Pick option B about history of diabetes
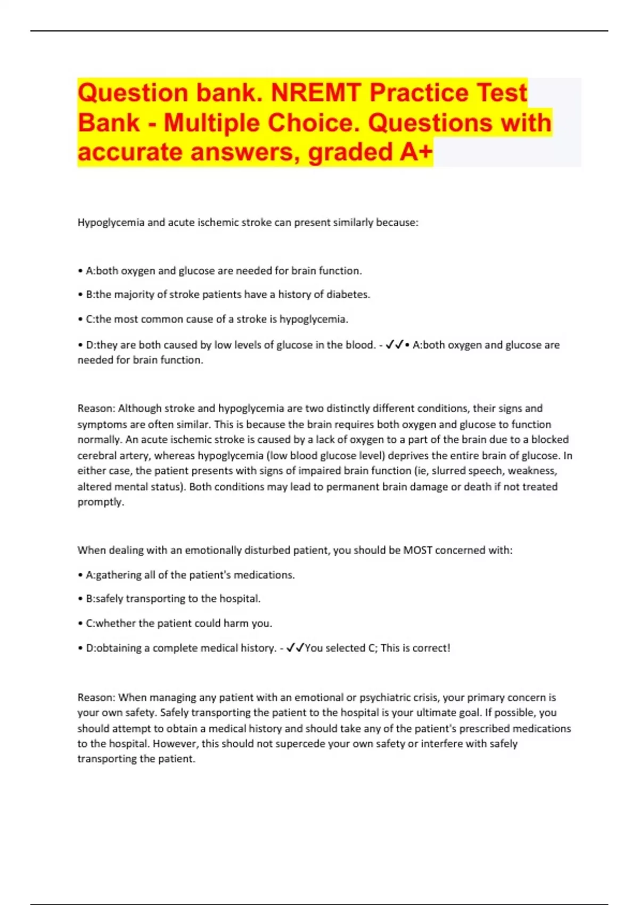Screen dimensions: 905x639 tap(227, 294)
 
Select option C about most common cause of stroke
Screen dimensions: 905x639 tap(217, 319)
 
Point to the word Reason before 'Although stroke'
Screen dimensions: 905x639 tap(96, 408)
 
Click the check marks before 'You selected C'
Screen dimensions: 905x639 tap(295, 648)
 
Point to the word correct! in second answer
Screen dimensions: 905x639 tap(432, 648)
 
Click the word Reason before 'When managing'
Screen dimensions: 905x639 tap(96, 697)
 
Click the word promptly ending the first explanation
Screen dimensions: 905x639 tap(101, 502)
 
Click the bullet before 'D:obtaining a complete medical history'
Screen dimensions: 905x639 tap(80, 648)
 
